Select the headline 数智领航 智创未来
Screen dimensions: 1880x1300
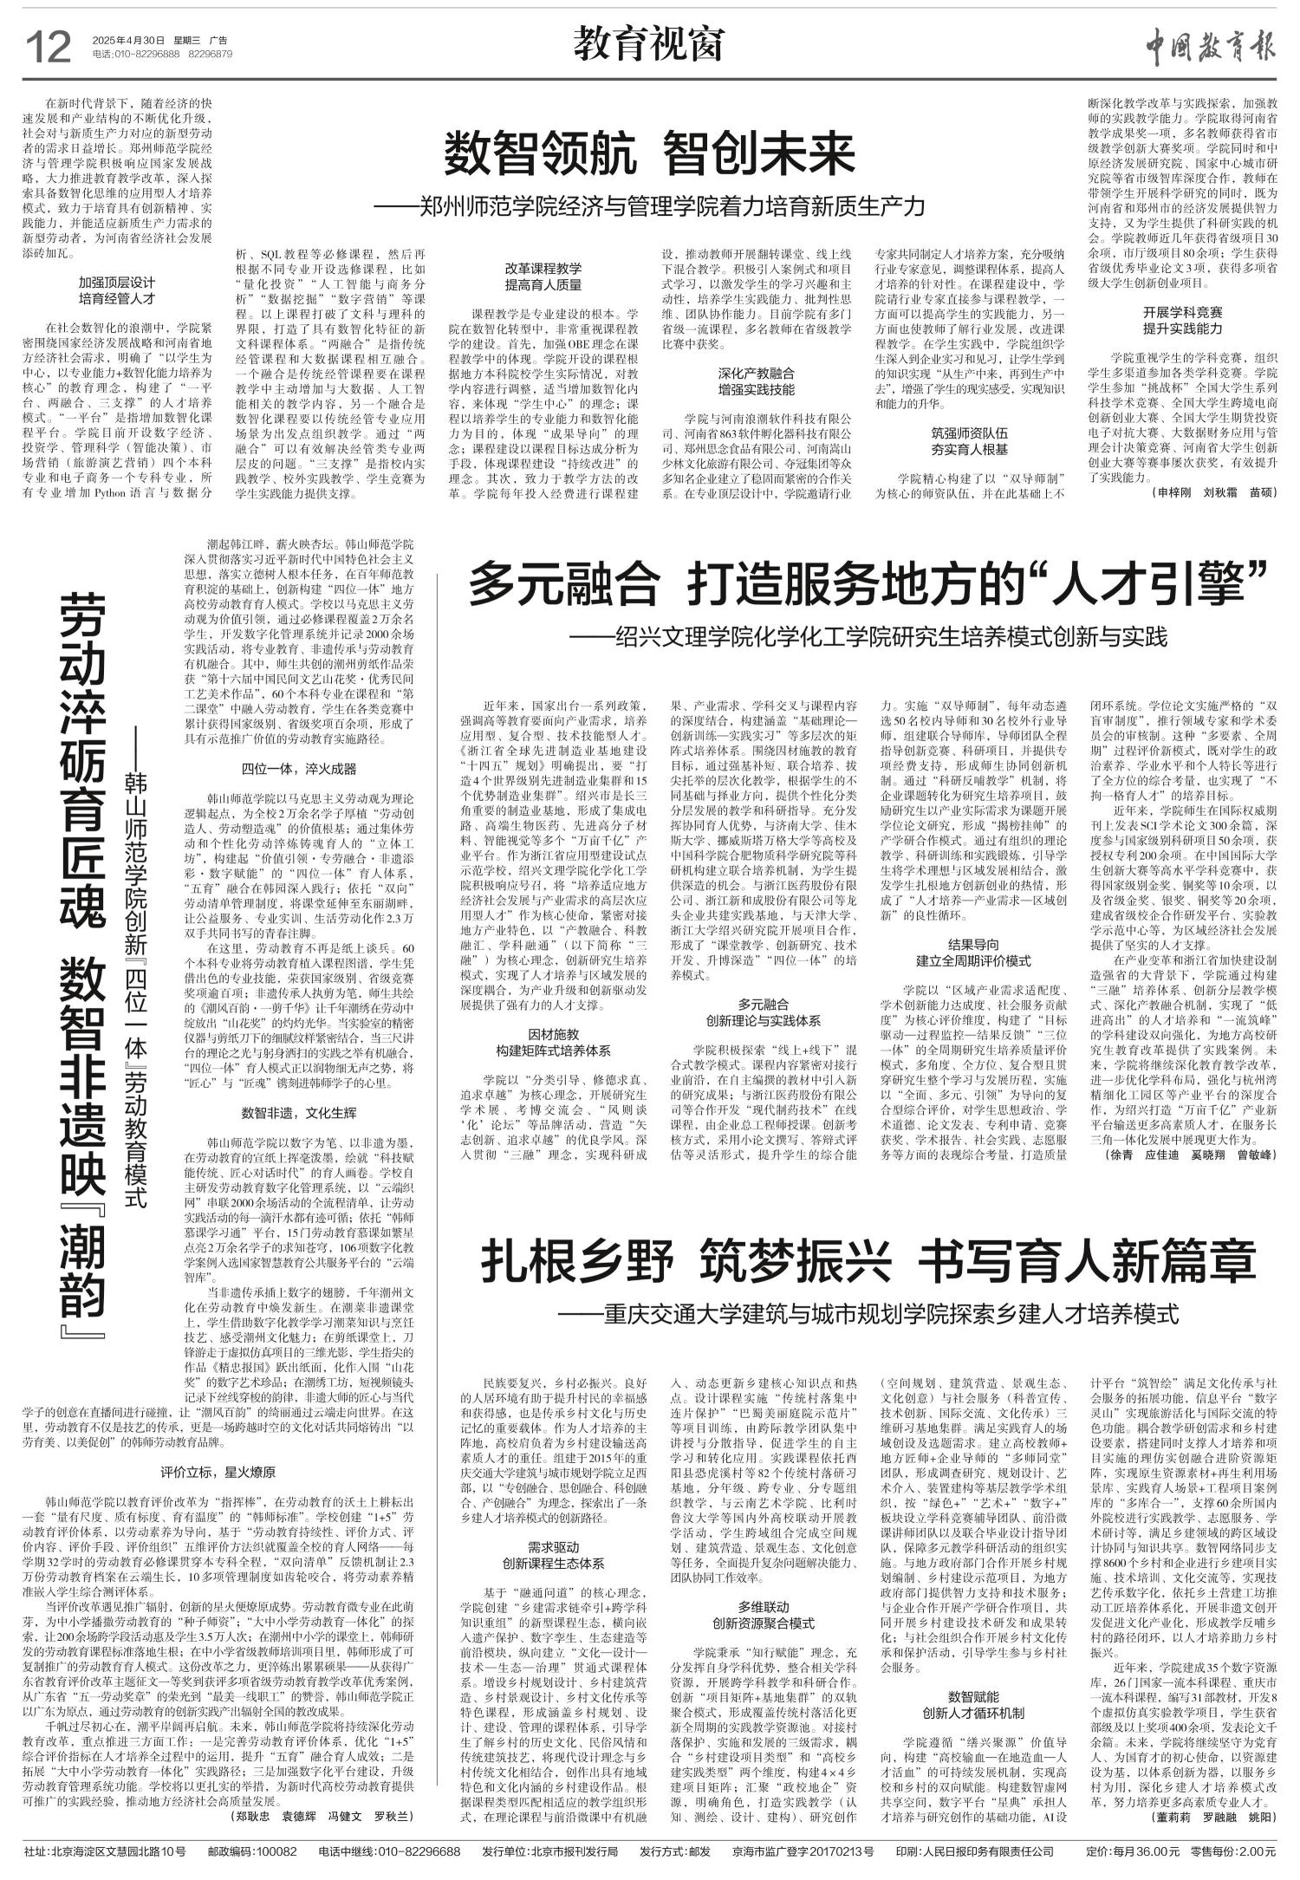coord(649,155)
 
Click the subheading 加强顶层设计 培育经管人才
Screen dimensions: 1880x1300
coord(116,290)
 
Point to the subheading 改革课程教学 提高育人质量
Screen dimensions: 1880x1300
coord(543,276)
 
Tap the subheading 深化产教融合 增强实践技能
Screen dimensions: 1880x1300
coord(756,381)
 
